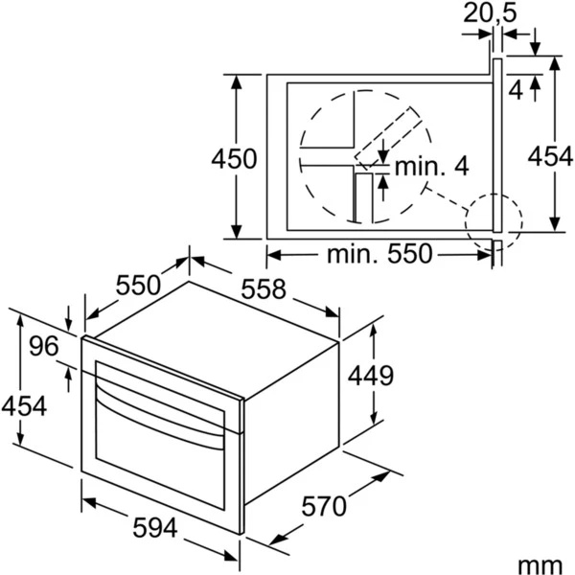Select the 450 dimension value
pos(235,159)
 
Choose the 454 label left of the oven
pos(23,406)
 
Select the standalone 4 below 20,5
pos(516,90)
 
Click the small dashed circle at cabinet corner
pos(494,218)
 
